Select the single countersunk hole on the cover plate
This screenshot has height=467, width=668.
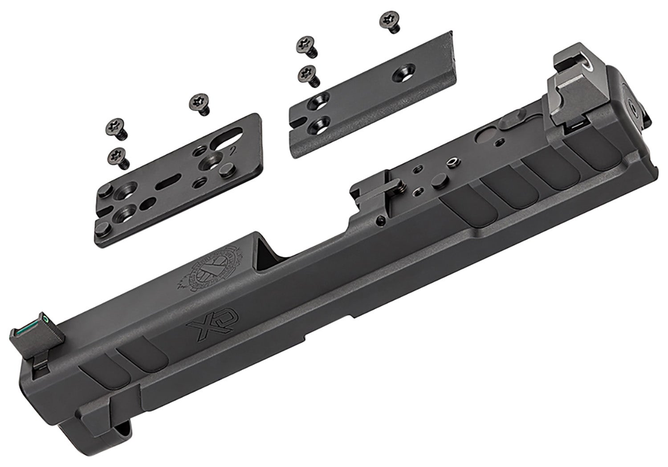[402, 73]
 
